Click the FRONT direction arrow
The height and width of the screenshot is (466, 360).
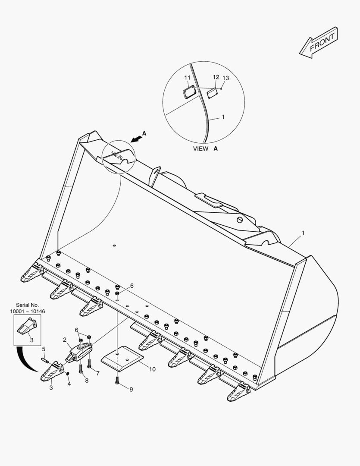(x=319, y=42)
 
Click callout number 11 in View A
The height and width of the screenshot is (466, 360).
(x=187, y=78)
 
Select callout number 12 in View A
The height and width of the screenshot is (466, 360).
(x=216, y=77)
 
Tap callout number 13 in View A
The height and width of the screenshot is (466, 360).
(x=226, y=78)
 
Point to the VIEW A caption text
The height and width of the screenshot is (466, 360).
(x=205, y=148)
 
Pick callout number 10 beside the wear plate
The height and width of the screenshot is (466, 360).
(x=152, y=369)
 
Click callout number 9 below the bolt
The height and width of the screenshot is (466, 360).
(x=131, y=389)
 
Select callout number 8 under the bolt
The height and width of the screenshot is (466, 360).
(x=87, y=381)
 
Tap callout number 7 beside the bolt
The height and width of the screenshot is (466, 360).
(x=98, y=373)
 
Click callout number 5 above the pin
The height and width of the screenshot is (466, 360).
(x=44, y=349)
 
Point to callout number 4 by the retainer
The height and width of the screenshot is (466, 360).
(x=69, y=384)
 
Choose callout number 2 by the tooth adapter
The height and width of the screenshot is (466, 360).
(x=65, y=340)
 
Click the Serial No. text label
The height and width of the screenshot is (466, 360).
(x=27, y=305)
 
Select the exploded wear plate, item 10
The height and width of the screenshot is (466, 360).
(x=122, y=359)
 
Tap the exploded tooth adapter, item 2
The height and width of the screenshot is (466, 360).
(x=79, y=352)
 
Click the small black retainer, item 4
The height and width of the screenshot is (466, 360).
(x=67, y=373)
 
